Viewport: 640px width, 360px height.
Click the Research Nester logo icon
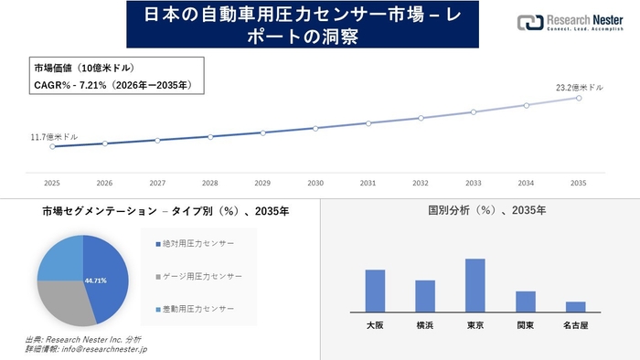[528, 22]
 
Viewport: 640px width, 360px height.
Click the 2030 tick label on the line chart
[315, 183]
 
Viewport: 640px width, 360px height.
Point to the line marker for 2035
[579, 97]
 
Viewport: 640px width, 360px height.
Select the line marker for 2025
[52, 146]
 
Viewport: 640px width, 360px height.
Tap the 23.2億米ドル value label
[579, 87]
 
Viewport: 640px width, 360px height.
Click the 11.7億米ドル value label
[54, 136]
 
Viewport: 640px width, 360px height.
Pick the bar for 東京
[475, 285]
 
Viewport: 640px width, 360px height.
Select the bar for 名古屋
[575, 306]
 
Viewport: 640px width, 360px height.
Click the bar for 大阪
[375, 291]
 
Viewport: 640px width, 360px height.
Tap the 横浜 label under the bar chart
[425, 324]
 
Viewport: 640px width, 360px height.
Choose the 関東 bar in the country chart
[525, 302]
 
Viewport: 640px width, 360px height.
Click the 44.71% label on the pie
[95, 280]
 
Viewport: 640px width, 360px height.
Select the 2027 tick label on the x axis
[157, 183]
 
